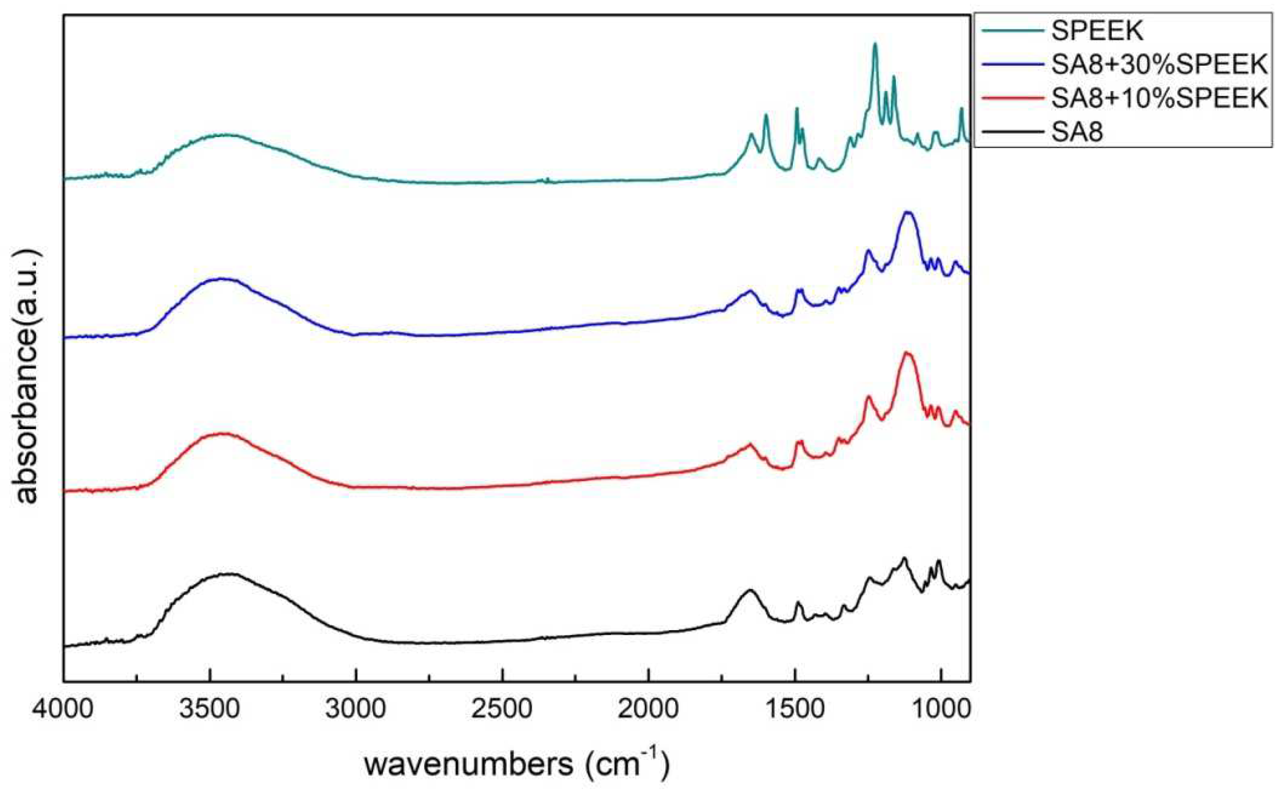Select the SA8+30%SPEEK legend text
point(1159,65)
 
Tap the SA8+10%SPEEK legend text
point(1159,99)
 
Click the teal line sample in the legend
point(1013,31)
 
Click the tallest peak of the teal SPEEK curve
point(875,45)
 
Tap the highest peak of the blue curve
point(908,213)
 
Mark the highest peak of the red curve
point(907,353)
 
